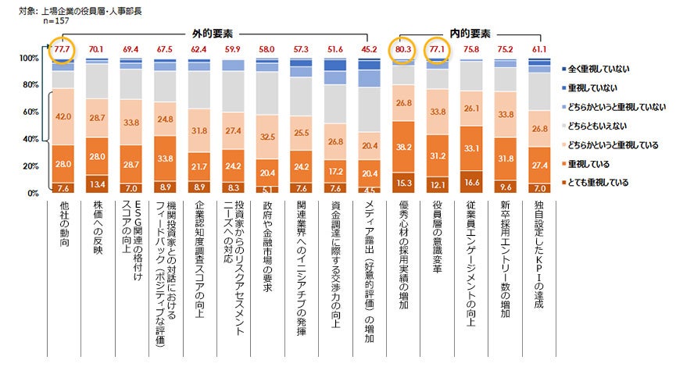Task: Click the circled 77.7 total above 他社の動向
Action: [63, 48]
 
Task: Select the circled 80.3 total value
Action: [404, 48]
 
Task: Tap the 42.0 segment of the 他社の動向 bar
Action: [63, 117]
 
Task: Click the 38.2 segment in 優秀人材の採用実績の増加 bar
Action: [404, 147]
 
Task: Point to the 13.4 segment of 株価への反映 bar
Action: [98, 184]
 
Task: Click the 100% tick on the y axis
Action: [28, 59]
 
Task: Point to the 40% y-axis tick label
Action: [30, 139]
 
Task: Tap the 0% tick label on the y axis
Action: [34, 193]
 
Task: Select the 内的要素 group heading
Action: [470, 34]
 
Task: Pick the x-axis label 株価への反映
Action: [98, 226]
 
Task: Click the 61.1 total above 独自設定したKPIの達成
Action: [540, 48]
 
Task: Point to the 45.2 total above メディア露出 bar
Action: [370, 48]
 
